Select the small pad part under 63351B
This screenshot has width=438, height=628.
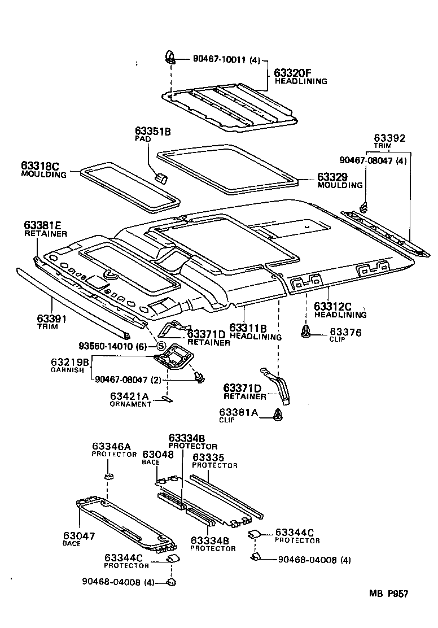coord(161,178)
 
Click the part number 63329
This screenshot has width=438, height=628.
coord(332,177)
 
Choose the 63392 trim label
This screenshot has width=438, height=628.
coord(389,138)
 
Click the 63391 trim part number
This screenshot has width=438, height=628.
coord(52,319)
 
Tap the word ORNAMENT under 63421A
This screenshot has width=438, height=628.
coord(130,404)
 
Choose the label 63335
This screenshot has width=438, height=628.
coord(209,457)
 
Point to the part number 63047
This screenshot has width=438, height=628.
coord(79,535)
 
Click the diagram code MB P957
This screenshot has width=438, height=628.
coord(388,593)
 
